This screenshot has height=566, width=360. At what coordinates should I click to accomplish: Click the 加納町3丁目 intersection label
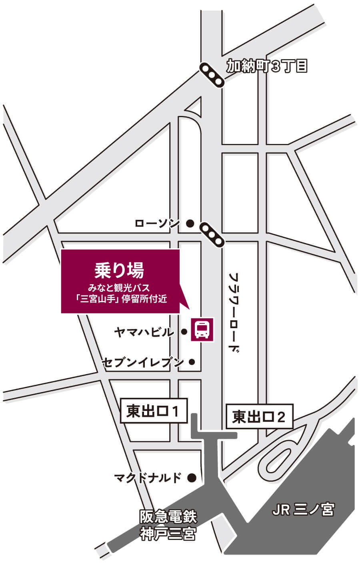click(x=267, y=66)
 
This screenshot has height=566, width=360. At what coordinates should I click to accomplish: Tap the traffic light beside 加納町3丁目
click(x=212, y=74)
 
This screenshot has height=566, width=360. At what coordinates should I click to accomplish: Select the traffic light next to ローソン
click(x=212, y=235)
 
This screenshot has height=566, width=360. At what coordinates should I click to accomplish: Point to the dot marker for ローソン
click(x=190, y=223)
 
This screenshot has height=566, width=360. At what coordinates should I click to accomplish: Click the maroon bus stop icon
click(x=202, y=330)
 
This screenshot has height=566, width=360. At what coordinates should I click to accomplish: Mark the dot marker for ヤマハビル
click(x=184, y=331)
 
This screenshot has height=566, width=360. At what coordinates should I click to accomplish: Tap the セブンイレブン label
click(x=143, y=362)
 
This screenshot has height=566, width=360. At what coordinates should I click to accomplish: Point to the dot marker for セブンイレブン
click(x=192, y=362)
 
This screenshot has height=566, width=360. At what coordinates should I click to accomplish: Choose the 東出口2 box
click(x=259, y=417)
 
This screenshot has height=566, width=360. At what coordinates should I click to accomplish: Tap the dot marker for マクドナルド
click(x=192, y=477)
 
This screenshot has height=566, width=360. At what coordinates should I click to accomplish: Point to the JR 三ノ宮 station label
click(x=303, y=510)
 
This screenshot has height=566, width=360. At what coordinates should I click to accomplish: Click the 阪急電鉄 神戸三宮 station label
click(x=168, y=526)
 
